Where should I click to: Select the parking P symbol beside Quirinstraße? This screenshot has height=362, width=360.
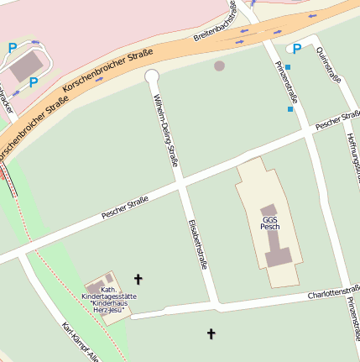point(296,49)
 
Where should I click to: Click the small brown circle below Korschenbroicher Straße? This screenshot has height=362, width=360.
point(220,66)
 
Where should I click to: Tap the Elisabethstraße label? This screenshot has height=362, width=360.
point(198,244)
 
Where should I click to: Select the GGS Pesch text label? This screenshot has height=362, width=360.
point(270,223)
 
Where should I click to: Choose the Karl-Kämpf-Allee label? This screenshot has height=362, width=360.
point(81,340)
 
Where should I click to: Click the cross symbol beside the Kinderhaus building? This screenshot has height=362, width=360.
point(138,278)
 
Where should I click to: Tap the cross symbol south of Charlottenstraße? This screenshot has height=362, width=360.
point(211,334)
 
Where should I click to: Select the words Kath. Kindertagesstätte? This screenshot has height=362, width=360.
point(108,294)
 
